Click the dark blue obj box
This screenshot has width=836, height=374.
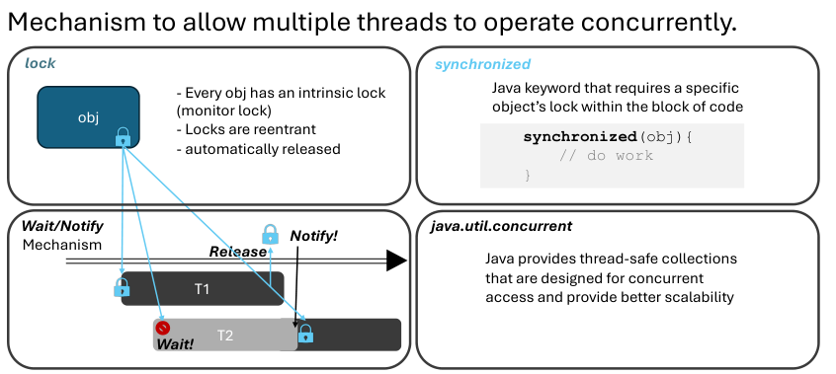[88, 117]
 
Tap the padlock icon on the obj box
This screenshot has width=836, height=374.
[124, 137]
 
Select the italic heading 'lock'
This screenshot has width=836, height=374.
[40, 63]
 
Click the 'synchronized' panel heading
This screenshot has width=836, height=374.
[482, 64]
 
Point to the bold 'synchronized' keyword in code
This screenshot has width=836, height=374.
[580, 137]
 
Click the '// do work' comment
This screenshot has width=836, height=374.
[606, 156]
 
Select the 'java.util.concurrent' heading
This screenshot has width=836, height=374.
[501, 226]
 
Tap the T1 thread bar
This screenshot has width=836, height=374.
[203, 289]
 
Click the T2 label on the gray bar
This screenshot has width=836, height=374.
[225, 336]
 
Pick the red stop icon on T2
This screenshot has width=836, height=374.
[163, 327]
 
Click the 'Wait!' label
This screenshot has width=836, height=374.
[175, 343]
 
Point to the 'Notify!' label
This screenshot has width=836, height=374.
[313, 236]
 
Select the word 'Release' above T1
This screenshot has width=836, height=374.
[237, 252]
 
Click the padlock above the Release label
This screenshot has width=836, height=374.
[271, 234]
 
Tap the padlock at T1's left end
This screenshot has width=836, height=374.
[122, 287]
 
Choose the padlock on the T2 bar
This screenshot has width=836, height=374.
[305, 333]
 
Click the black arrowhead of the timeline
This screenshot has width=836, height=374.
[396, 261]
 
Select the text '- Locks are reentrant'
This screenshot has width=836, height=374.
[246, 129]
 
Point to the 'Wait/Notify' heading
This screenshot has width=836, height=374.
[62, 226]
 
